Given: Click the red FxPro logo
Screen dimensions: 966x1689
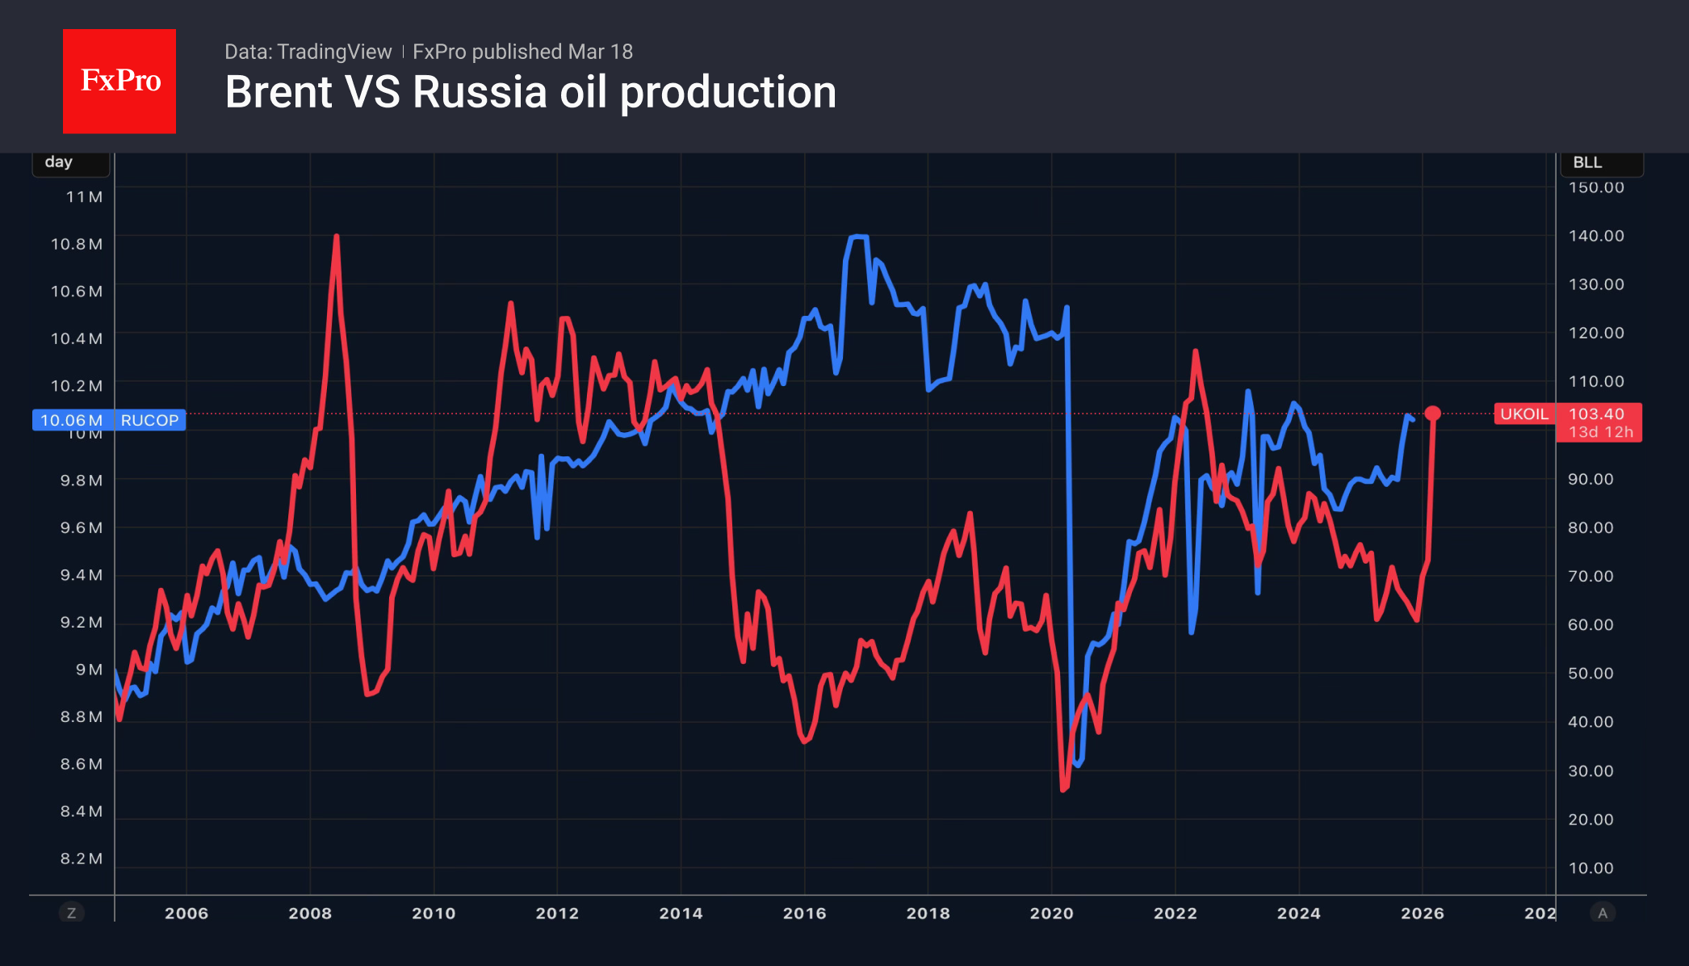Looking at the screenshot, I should tap(119, 81).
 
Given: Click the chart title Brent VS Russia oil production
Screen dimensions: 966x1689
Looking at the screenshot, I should tap(530, 92).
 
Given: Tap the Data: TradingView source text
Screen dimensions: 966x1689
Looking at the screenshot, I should tap(308, 52).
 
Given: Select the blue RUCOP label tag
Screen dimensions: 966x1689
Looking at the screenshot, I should tap(149, 420).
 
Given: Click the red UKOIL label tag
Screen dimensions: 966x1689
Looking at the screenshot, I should tap(1523, 414).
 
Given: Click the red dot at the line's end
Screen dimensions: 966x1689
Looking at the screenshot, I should tap(1432, 414).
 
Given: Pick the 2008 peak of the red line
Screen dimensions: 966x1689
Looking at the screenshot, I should tap(336, 237).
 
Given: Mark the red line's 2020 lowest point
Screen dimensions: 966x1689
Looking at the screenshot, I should tap(1062, 789).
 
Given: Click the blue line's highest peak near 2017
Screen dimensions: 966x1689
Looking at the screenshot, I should tap(858, 237).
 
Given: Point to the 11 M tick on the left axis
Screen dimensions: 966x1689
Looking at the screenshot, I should tap(84, 197).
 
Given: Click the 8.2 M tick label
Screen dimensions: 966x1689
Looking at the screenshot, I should tap(81, 859).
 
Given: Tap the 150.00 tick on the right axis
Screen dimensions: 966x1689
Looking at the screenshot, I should tap(1595, 187).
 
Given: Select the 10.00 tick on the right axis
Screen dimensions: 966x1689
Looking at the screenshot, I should tap(1591, 868).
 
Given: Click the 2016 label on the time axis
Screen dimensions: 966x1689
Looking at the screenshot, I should tap(804, 913).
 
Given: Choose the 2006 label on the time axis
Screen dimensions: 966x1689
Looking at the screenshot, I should tap(187, 913).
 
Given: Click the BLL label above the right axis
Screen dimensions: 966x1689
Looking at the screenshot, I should tap(1587, 162).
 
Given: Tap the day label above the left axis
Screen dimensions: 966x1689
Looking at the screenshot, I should tap(59, 162).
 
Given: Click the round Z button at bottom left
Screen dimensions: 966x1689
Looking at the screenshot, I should tap(71, 913).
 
